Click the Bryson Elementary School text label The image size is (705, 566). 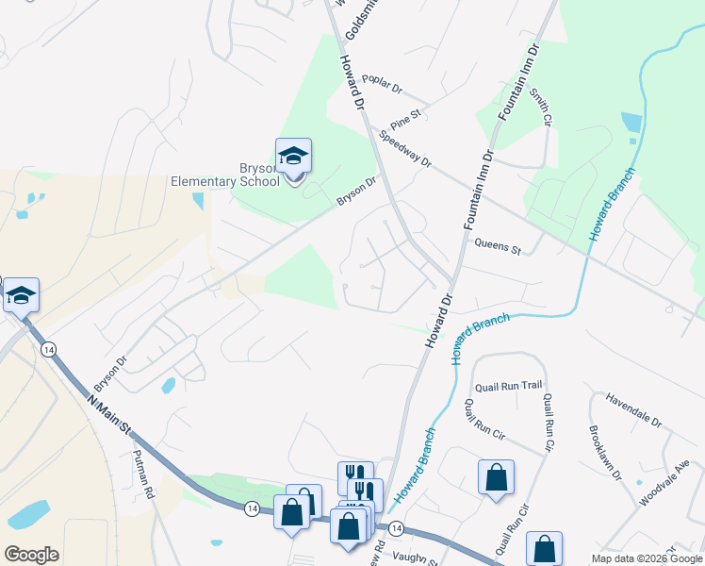224,175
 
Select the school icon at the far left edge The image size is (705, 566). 21,296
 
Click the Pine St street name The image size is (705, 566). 405,118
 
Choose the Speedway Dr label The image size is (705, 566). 405,149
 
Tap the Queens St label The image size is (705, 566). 498,248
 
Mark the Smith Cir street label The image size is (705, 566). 539,107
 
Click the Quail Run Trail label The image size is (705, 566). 509,385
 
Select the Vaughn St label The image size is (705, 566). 416,558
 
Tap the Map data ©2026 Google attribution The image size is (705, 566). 647,558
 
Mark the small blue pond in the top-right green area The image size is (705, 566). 631,122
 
